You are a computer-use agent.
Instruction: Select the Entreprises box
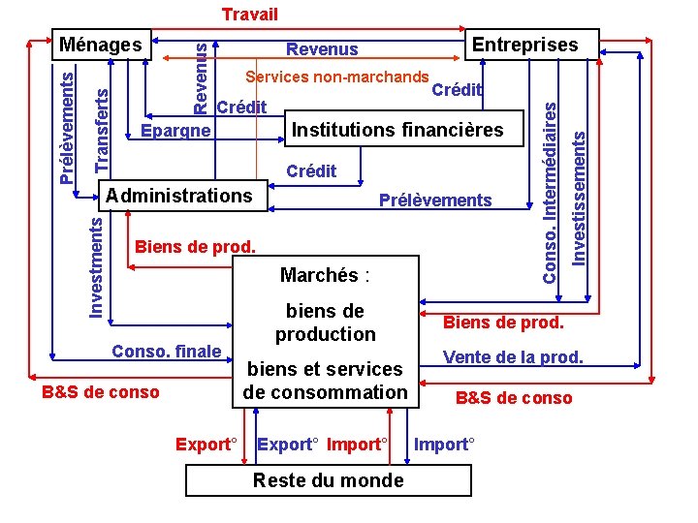(x=523, y=45)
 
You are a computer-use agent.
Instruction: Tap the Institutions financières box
(x=397, y=130)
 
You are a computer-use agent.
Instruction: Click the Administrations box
(x=179, y=196)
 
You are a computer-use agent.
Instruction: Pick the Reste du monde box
(x=328, y=480)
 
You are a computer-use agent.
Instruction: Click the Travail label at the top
(x=249, y=14)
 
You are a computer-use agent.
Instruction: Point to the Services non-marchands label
(x=337, y=77)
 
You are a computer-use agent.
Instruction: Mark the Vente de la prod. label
(x=513, y=357)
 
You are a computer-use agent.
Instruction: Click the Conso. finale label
(x=167, y=351)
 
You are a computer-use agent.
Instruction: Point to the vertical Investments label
(x=96, y=265)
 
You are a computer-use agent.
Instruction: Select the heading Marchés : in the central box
(x=325, y=275)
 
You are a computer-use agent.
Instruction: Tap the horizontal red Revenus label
(x=322, y=49)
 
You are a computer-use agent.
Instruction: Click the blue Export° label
(x=287, y=445)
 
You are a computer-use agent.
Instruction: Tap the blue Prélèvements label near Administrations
(x=435, y=201)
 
